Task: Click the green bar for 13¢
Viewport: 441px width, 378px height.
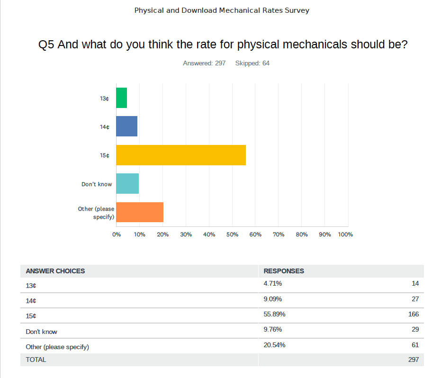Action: click(121, 98)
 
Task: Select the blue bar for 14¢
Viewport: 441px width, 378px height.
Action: click(126, 126)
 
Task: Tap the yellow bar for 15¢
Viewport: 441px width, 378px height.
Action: click(180, 155)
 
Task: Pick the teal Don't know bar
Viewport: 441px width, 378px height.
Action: click(127, 184)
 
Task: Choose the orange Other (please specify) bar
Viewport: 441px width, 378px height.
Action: click(139, 212)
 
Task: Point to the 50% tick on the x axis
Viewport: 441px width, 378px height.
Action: click(232, 234)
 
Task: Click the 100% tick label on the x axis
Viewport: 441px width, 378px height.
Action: click(345, 234)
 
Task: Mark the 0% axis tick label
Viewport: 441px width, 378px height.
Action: click(116, 234)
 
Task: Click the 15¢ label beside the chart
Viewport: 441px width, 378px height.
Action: click(105, 155)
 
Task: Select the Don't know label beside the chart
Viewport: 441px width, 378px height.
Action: click(97, 184)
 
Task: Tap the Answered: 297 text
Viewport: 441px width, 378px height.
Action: click(204, 63)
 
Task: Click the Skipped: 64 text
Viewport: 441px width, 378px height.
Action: click(252, 63)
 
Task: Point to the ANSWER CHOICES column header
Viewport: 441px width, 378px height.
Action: click(55, 271)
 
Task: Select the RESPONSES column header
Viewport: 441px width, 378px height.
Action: click(284, 271)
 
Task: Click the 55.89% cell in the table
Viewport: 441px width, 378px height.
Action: click(274, 314)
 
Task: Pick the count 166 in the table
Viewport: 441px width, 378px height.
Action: click(413, 314)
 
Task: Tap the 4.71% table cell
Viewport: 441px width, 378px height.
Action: click(272, 284)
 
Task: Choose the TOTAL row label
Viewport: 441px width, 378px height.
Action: click(36, 360)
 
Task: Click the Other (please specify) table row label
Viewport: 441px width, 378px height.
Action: click(57, 347)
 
